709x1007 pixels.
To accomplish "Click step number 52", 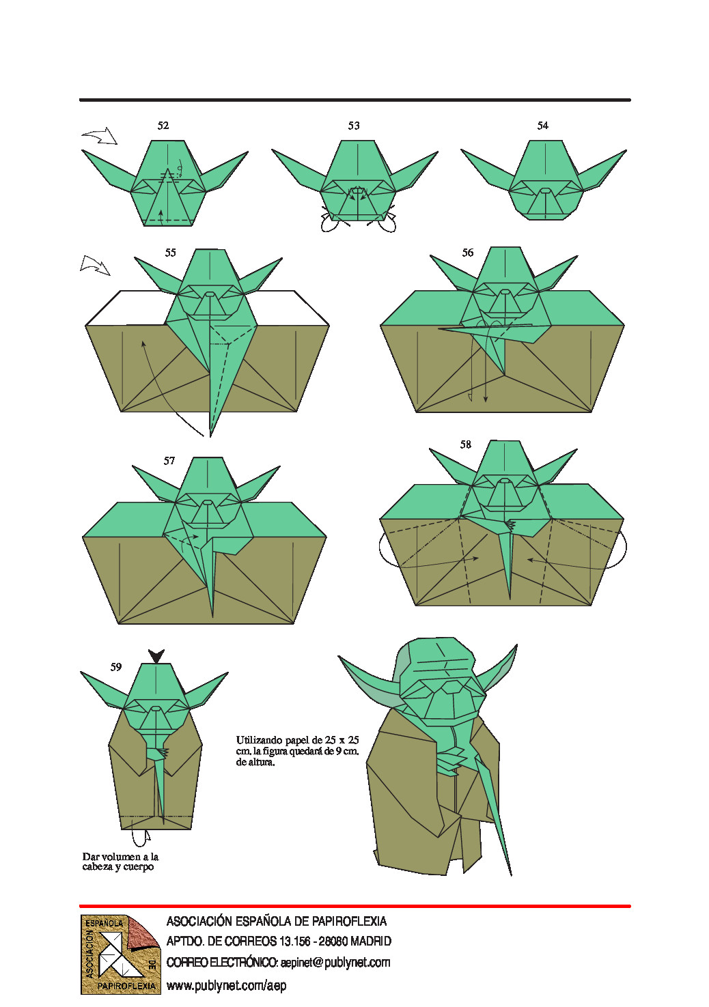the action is [163, 126].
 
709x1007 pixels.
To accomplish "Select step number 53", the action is [354, 126].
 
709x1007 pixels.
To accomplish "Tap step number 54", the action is [542, 126].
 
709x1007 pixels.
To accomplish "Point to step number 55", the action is [170, 253].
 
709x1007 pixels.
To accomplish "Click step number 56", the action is [467, 253].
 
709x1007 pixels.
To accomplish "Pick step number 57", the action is [169, 461].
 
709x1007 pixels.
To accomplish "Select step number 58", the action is [465, 444].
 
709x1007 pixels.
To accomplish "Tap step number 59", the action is [115, 667].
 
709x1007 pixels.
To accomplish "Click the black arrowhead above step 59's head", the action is [156, 656].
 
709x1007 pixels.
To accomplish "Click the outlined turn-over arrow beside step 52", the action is [100, 136].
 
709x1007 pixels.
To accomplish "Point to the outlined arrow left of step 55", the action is [95, 266].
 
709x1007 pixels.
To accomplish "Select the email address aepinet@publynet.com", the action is [335, 963].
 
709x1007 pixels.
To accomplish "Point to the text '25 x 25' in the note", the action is [342, 740].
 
